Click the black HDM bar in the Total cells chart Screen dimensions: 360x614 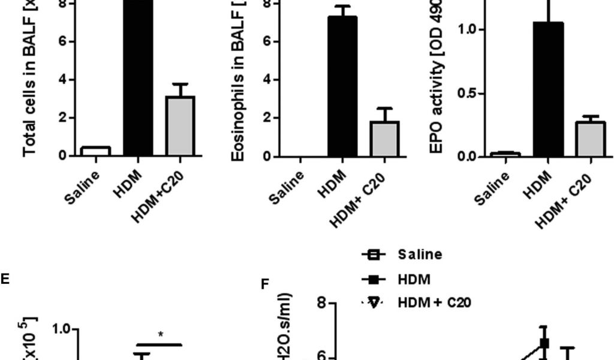point(139,78)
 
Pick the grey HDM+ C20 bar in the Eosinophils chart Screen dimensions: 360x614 point(384,139)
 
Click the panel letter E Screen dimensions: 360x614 point(5,279)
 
